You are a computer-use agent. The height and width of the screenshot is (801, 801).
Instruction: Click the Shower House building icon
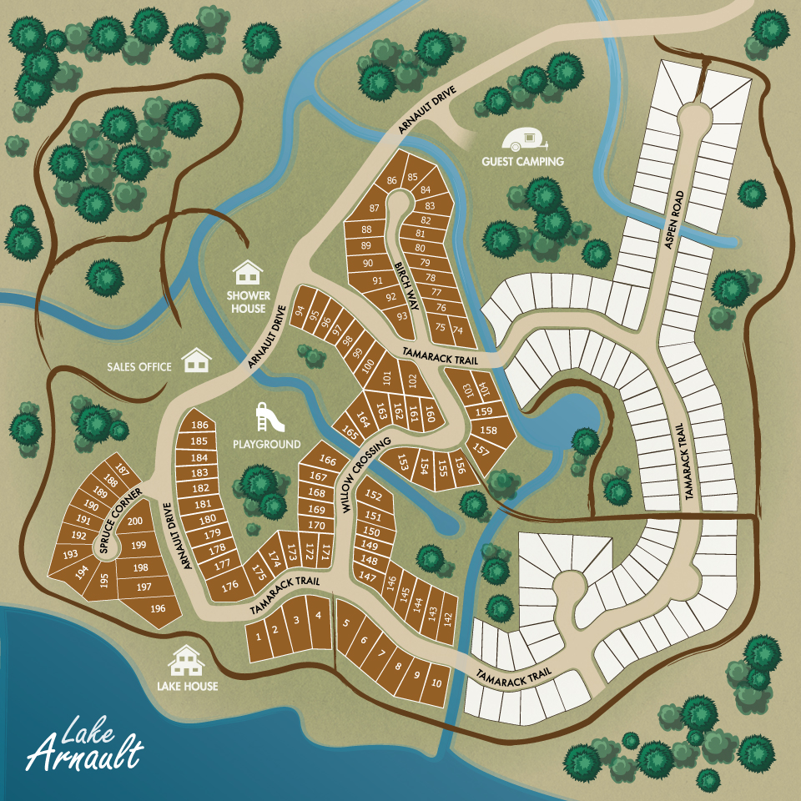248,272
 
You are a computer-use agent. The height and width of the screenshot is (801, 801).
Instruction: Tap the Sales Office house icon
197,360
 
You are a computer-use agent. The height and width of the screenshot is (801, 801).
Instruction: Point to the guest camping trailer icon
522,141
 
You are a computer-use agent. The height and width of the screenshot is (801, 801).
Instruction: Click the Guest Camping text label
522,161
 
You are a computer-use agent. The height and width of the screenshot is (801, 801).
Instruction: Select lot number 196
158,608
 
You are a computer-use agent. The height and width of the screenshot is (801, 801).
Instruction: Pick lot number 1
259,636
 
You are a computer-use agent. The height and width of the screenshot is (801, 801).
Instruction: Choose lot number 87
374,208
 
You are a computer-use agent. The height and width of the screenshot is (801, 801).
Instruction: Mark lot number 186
199,426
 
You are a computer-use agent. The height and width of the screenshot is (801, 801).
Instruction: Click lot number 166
328,461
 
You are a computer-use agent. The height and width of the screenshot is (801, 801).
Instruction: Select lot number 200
135,521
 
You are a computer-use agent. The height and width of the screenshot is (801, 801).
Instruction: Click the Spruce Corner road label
123,521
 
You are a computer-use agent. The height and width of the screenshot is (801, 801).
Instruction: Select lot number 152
374,497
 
